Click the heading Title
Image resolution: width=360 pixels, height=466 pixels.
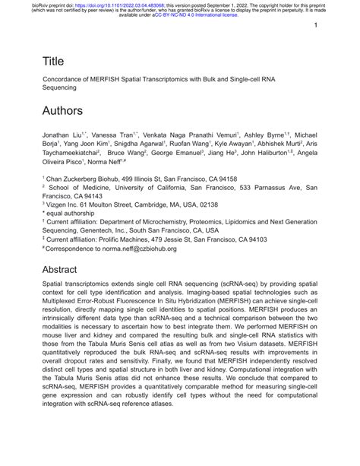point(53,60)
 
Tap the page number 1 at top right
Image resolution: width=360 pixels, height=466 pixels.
point(314,25)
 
